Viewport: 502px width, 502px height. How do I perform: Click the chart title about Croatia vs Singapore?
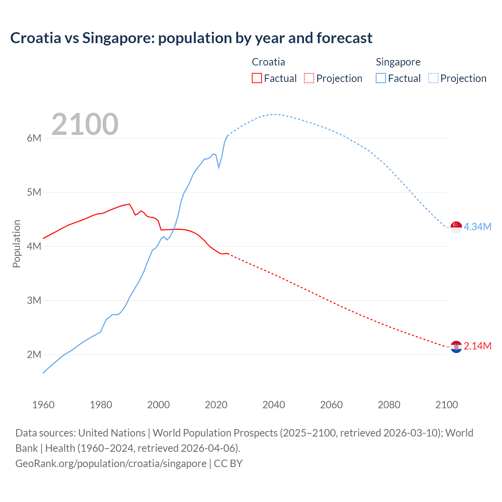[x=191, y=38]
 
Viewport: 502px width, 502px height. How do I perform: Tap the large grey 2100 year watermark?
[x=85, y=124]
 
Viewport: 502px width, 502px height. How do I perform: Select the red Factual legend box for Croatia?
[x=256, y=78]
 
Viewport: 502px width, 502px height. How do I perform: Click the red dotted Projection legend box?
[x=309, y=78]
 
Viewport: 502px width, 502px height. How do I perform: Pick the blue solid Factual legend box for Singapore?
[x=380, y=78]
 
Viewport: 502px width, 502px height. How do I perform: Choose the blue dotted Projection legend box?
[x=433, y=78]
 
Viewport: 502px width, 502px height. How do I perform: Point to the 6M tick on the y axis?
[x=34, y=138]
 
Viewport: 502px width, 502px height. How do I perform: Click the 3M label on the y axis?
[x=34, y=300]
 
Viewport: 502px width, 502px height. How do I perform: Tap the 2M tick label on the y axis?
[x=34, y=355]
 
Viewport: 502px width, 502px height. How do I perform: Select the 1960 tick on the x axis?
[x=43, y=405]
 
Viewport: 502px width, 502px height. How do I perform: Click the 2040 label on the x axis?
[x=274, y=405]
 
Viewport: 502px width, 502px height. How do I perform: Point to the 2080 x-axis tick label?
[x=389, y=405]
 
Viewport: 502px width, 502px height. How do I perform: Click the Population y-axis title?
[x=16, y=244]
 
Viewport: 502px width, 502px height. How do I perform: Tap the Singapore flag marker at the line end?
[x=456, y=227]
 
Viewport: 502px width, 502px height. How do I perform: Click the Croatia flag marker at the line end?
[x=456, y=347]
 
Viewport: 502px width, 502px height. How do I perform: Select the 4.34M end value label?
[x=477, y=227]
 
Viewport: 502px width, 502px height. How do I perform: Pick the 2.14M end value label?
[x=477, y=346]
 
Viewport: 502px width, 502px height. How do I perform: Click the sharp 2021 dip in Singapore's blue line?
[x=218, y=167]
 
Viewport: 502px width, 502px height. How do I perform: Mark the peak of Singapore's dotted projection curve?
[x=274, y=114]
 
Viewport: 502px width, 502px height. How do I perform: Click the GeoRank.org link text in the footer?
[x=111, y=463]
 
